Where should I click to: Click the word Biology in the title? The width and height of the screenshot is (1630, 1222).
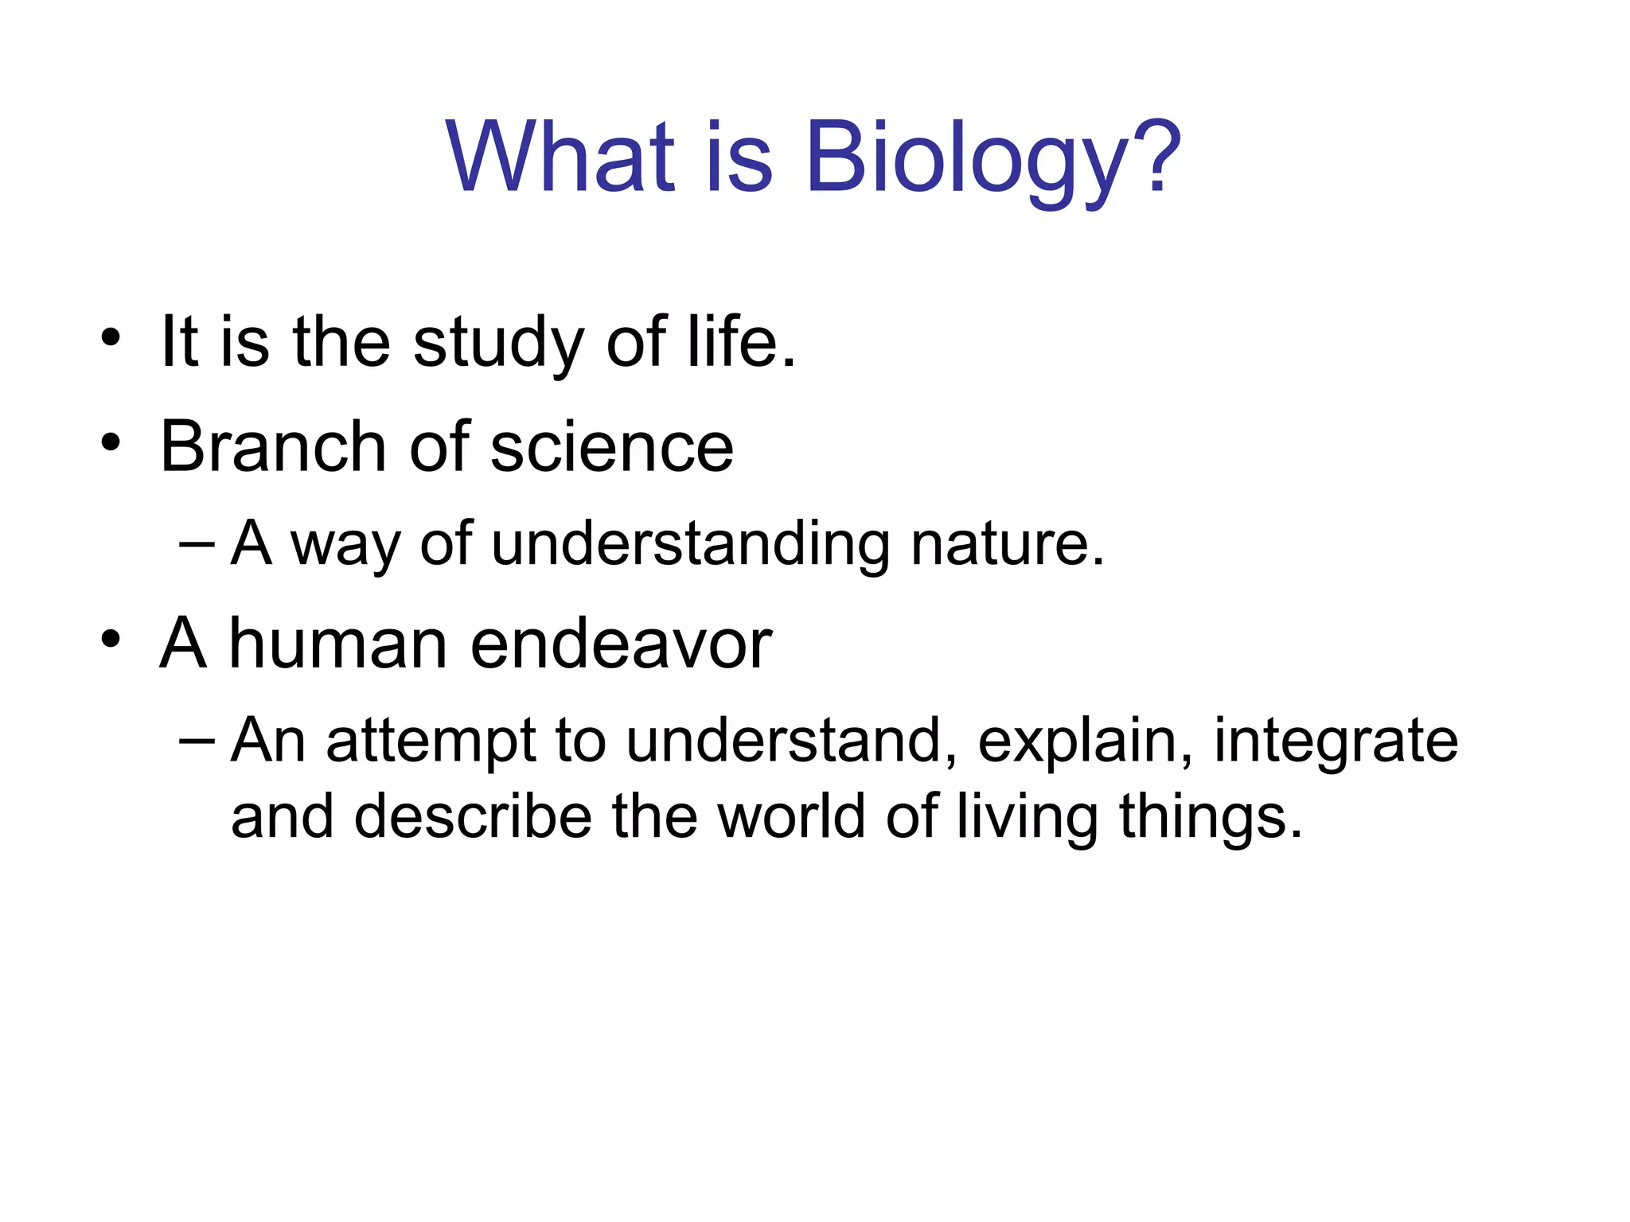coord(963,159)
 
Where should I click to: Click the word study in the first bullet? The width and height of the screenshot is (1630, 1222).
coord(498,344)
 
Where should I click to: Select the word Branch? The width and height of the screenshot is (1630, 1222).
coord(273,446)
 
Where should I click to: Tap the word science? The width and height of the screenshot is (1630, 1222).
coord(611,448)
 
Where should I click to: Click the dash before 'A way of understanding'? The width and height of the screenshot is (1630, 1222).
coord(197,545)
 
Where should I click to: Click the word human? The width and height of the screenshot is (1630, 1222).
coord(338,644)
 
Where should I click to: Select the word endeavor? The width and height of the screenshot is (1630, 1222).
coord(621,644)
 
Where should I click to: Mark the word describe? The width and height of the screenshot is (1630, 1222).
coord(473,818)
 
